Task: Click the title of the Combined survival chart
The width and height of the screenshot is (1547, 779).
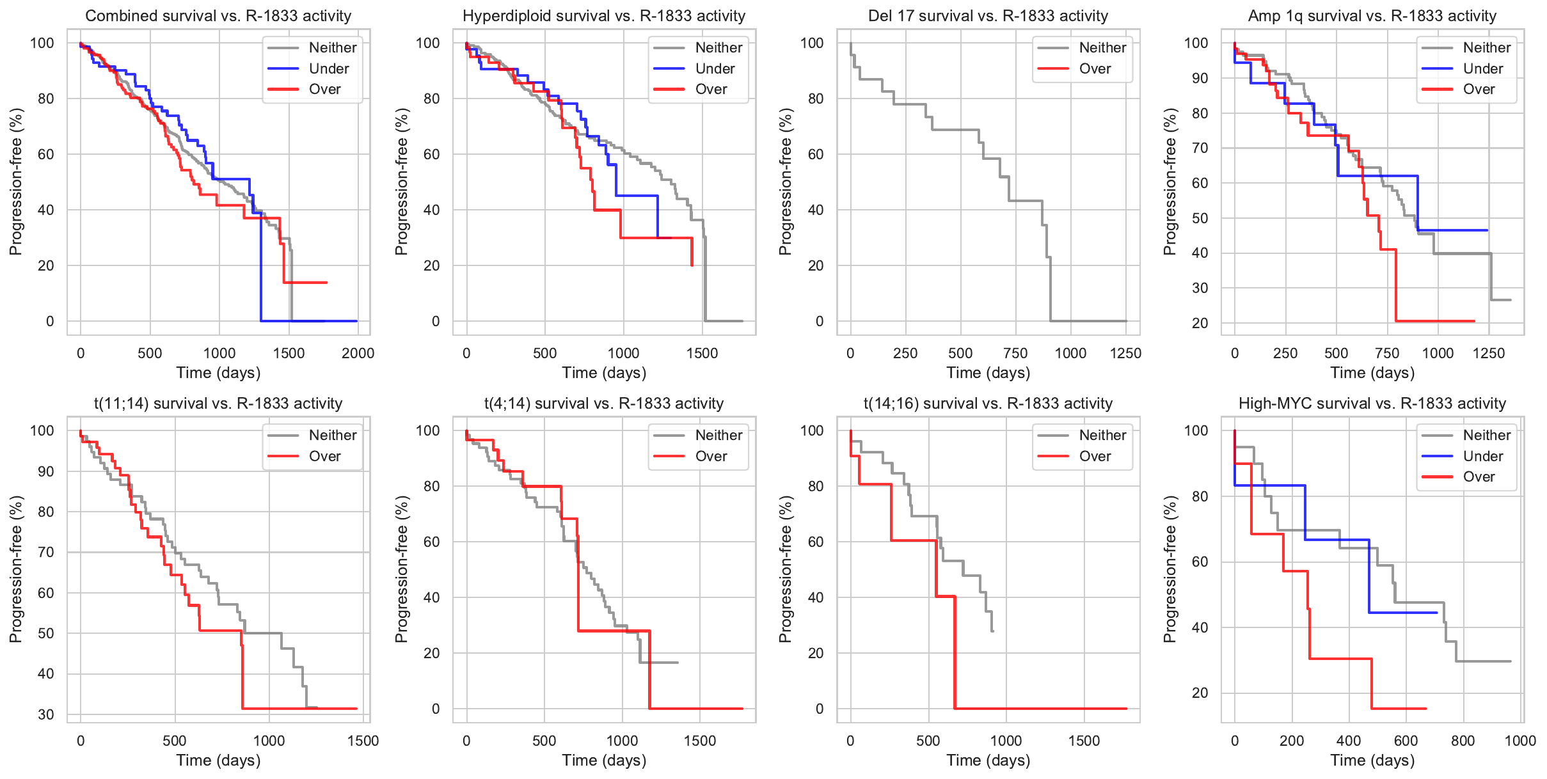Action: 218,16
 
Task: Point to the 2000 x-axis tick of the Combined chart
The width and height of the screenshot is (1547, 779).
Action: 358,353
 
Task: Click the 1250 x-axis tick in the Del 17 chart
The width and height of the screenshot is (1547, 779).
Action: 1125,353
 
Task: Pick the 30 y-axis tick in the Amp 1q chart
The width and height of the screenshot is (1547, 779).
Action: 1200,288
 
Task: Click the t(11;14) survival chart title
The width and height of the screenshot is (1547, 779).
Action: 218,404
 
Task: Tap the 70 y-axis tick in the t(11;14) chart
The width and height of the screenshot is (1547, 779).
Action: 45,552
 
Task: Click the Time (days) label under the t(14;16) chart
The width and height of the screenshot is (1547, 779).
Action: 988,760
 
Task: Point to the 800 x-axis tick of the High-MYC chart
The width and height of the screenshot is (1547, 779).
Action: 1463,741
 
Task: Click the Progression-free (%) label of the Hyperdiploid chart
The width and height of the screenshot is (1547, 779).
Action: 401,182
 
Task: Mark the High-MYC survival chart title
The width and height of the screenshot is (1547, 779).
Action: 1372,404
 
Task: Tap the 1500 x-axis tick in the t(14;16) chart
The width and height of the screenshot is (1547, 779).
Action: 1084,741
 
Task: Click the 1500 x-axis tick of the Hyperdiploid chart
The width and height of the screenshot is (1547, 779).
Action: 702,353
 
